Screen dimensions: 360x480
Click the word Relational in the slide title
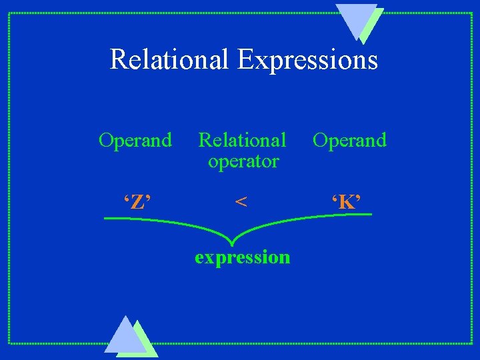170,59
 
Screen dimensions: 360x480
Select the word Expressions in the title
307,60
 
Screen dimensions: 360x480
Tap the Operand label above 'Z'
135,141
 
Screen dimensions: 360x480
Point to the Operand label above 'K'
349,141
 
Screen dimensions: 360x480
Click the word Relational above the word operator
242,141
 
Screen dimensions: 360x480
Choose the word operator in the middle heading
243,161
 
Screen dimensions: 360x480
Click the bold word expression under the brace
242,257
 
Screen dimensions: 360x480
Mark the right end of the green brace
371,214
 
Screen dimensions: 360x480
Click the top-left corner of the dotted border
9,13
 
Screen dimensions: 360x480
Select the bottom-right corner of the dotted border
472,343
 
